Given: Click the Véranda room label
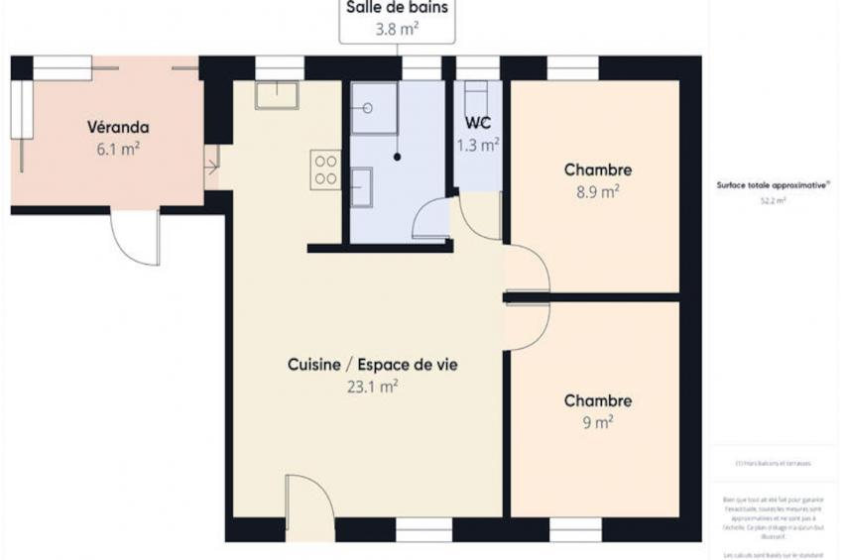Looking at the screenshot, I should pyautogui.click(x=118, y=127).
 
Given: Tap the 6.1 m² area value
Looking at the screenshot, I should pyautogui.click(x=118, y=149).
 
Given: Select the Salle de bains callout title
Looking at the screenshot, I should pyautogui.click(x=397, y=8).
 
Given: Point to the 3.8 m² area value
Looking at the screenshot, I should pyautogui.click(x=397, y=29).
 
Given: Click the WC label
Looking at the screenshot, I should pyautogui.click(x=478, y=125).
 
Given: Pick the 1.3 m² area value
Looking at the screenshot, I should pyautogui.click(x=477, y=145).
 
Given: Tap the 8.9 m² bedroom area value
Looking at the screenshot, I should pyautogui.click(x=597, y=192).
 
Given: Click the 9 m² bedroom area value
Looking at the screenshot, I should pyautogui.click(x=597, y=422).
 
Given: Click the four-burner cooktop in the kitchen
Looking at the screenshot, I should pyautogui.click(x=325, y=169).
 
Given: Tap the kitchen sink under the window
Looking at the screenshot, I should pyautogui.click(x=278, y=95).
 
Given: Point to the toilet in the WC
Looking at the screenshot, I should pyautogui.click(x=478, y=96).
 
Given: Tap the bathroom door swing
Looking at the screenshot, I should pyautogui.click(x=431, y=219).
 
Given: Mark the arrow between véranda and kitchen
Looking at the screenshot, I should pyautogui.click(x=211, y=168).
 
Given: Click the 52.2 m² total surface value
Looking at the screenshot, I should pyautogui.click(x=773, y=201).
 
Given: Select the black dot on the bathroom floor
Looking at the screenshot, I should pyautogui.click(x=397, y=157).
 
